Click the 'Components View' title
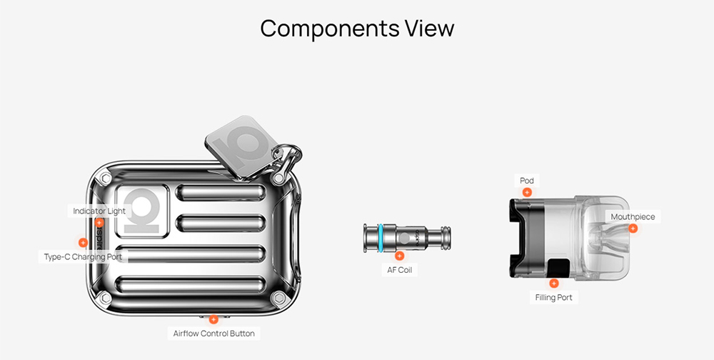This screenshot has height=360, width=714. coord(357,29)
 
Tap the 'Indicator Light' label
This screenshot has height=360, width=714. coord(99,211)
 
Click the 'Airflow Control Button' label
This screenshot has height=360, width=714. coord(213,334)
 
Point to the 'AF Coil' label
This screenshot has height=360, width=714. coord(399,270)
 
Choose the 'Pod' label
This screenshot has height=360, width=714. coord(527,181)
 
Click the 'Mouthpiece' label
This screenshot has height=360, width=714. coord(633,216)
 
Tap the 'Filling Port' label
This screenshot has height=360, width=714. coord(554,297)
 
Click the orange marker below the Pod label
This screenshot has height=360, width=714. coord(527,192)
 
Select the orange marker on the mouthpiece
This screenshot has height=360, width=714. coord(633,229)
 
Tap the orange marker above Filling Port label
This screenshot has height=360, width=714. coord(554,284)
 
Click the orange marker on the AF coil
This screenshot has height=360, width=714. coord(399,255)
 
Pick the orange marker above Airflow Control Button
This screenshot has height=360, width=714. coord(213,319)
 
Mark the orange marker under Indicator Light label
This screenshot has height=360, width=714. coord(99,223)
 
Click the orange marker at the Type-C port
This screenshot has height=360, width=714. coord(83,243)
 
